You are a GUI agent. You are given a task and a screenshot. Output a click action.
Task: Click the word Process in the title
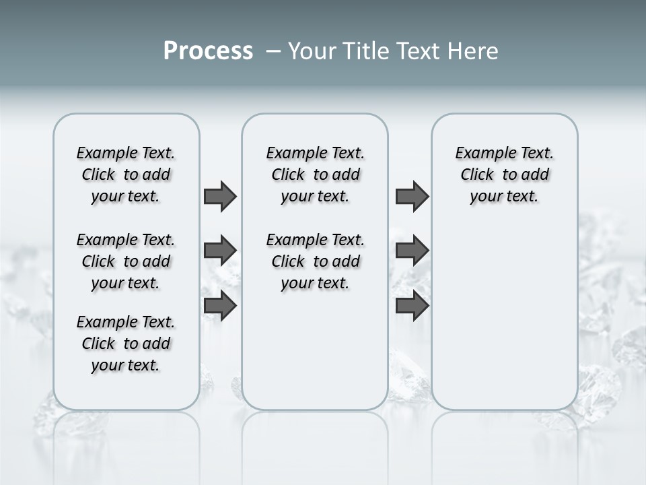208,51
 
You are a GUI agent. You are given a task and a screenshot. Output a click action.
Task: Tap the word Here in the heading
474,51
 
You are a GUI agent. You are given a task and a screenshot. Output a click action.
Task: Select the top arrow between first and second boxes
220,196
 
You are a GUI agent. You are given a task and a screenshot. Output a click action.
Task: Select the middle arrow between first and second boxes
220,251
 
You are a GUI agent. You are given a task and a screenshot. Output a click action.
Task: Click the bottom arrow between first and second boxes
220,306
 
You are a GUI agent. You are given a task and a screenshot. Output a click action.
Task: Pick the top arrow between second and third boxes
412,196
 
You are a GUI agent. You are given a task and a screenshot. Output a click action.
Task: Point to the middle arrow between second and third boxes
412,251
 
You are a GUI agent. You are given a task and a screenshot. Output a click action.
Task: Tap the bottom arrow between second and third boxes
412,306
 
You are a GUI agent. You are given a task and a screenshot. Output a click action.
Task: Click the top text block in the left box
126,174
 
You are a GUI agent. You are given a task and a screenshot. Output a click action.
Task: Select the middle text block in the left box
126,261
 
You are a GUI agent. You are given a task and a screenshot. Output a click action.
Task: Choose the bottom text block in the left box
126,344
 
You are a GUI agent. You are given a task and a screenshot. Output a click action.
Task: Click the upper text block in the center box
315,174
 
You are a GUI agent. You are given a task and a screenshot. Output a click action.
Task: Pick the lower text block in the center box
315,261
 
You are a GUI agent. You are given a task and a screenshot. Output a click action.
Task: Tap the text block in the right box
504,174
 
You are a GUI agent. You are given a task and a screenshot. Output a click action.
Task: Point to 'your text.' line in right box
504,196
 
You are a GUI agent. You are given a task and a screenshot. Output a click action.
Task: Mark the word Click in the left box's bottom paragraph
98,344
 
